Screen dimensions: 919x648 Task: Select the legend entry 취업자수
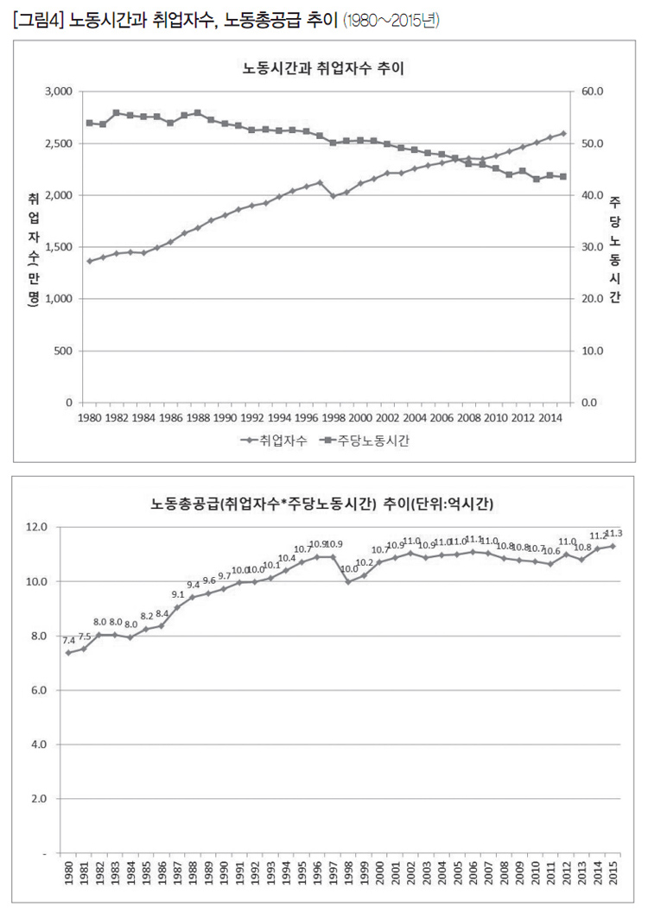pos(274,441)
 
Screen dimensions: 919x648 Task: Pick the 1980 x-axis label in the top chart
pos(89,417)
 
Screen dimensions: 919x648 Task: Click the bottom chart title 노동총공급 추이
pos(323,503)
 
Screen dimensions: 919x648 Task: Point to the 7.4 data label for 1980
pos(68,640)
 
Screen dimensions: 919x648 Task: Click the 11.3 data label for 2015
pos(613,533)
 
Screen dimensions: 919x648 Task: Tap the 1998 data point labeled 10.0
pos(348,581)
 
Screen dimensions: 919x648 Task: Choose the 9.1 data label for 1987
pos(177,594)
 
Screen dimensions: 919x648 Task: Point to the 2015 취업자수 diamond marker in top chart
pos(563,133)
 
